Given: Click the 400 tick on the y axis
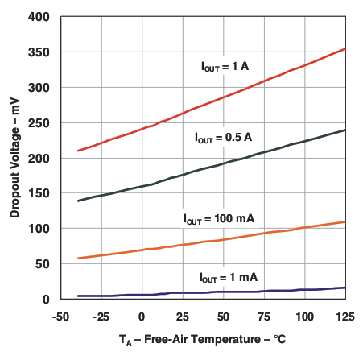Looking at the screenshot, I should [39, 17].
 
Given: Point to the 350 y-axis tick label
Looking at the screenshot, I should [39, 52].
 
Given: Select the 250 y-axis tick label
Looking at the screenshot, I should [39, 123].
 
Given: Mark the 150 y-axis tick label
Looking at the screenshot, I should [39, 193].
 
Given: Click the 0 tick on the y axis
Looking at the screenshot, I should [46, 300].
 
